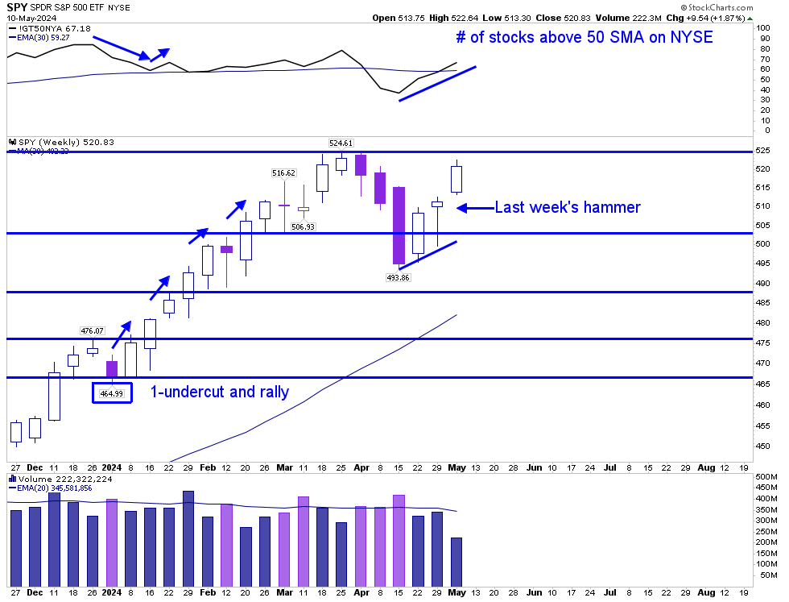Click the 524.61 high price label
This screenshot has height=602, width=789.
tap(342, 143)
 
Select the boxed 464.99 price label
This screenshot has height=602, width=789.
tap(112, 392)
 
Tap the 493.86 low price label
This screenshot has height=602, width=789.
tap(399, 276)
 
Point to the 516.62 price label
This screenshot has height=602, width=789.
tap(284, 172)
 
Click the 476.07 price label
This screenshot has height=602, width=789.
tap(93, 330)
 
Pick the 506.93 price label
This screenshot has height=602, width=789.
tap(304, 226)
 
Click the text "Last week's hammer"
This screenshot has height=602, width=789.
tap(567, 207)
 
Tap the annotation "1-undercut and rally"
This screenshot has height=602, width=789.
tap(220, 392)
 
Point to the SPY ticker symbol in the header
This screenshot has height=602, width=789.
tap(17, 6)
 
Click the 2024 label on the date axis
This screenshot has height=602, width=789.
tap(112, 467)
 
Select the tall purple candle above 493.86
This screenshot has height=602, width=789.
tap(399, 225)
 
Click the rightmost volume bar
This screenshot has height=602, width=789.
tap(456, 561)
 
